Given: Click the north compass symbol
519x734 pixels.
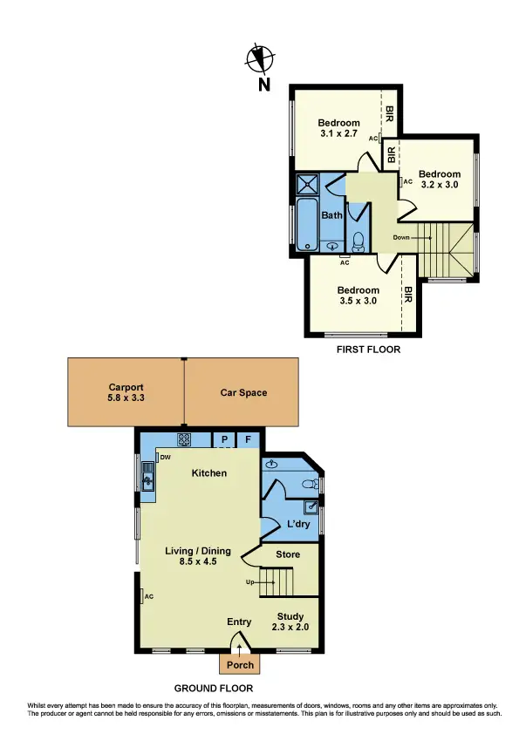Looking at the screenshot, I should click(x=260, y=59).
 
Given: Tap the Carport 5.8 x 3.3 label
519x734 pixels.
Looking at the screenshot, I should click(x=126, y=392).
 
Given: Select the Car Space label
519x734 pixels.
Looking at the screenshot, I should click(x=243, y=392).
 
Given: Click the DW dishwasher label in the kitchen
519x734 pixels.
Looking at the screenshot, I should click(x=164, y=456).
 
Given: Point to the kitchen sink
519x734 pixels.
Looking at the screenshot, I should click(x=147, y=476).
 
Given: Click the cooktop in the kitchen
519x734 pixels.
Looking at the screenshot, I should click(x=185, y=440).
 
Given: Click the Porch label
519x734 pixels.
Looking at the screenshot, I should click(x=240, y=665).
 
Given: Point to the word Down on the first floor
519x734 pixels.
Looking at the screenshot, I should click(x=401, y=237).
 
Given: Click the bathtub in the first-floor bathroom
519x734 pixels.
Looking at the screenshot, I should click(x=307, y=224).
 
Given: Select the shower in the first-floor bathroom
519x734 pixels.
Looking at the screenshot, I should click(x=307, y=184).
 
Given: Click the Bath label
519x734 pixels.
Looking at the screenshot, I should click(x=332, y=215).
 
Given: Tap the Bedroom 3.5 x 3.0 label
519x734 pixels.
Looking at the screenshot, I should click(x=359, y=296).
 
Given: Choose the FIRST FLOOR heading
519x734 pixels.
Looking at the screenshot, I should click(x=368, y=349).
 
